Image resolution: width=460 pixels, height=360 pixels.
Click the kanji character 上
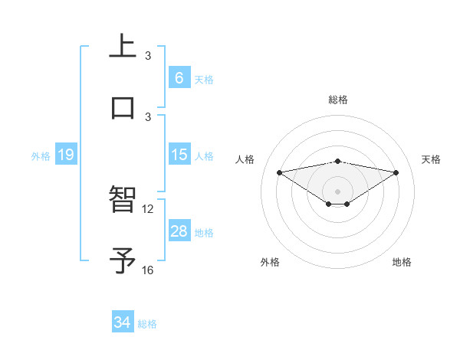click(x=123, y=45)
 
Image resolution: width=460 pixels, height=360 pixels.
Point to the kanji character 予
click(x=123, y=260)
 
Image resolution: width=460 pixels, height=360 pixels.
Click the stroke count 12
click(x=148, y=208)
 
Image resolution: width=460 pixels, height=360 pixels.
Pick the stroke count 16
click(x=148, y=270)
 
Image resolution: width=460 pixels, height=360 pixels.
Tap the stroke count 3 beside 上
click(x=148, y=55)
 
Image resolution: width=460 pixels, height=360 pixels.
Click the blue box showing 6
click(x=179, y=77)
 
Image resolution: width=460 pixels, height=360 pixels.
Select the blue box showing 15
click(x=179, y=155)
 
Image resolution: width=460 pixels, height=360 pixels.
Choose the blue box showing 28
click(x=179, y=231)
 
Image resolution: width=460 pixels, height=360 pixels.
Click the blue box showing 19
click(x=65, y=155)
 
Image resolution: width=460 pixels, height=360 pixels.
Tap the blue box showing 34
click(x=123, y=322)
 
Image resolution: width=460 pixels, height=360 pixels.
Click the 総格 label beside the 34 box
click(x=147, y=324)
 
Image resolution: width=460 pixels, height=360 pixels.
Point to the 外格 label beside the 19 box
click(x=41, y=156)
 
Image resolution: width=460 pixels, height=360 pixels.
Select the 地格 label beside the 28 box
click(x=204, y=233)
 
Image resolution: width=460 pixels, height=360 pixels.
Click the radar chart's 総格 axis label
click(x=338, y=100)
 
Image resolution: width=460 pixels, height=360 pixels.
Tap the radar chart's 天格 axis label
click(x=432, y=159)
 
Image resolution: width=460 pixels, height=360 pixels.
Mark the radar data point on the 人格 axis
click(x=279, y=172)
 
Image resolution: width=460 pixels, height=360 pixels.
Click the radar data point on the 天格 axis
click(x=396, y=172)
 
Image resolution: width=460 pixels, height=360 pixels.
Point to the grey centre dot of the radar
click(x=338, y=191)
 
